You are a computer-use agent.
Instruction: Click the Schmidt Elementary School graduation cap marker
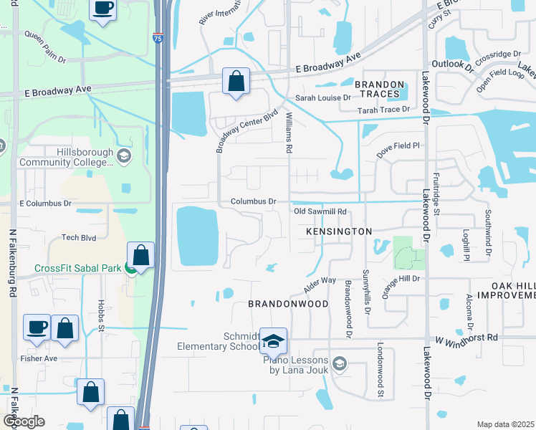tap(273, 341)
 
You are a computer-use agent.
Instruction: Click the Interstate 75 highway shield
tap(158, 40)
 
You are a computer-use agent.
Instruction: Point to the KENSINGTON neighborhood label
tap(339, 231)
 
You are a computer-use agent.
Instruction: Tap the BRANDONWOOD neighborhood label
tap(288, 304)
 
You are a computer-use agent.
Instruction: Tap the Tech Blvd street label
tap(79, 237)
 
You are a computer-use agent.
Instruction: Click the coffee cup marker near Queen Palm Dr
tap(103, 9)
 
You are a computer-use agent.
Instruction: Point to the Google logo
tap(23, 421)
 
